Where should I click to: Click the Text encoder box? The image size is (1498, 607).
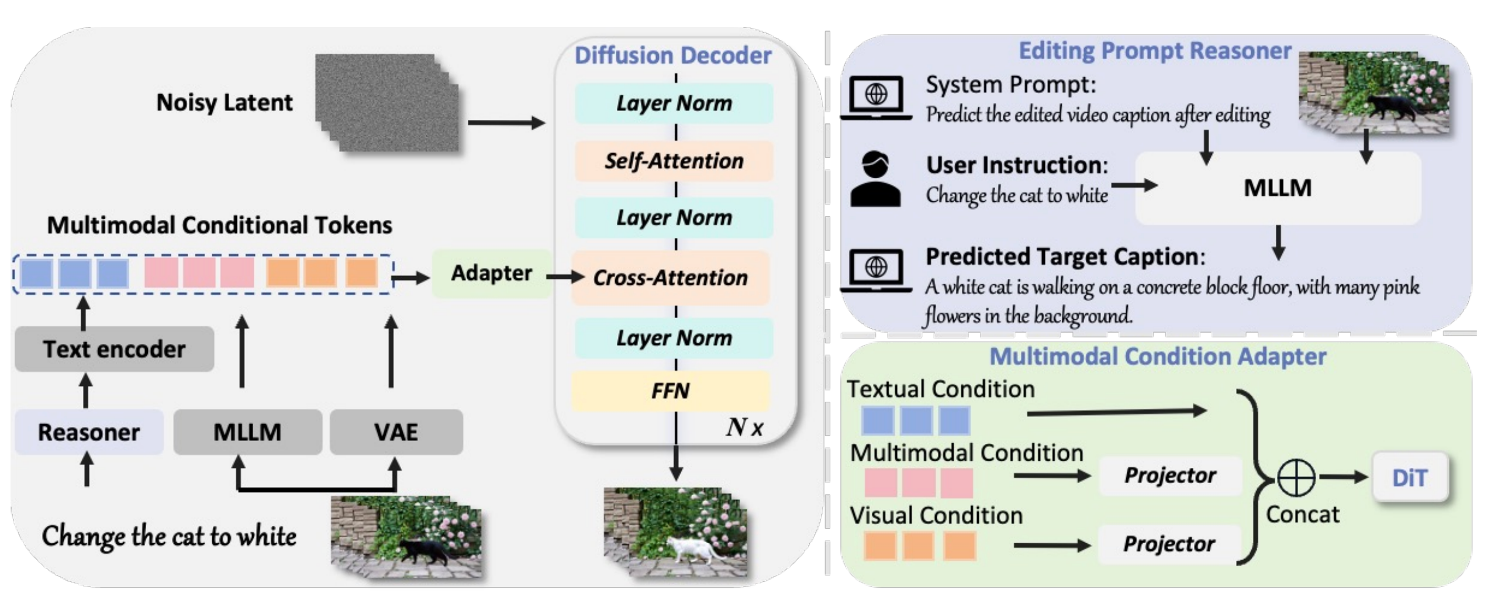[114, 349]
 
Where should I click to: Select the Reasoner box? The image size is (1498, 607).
[89, 432]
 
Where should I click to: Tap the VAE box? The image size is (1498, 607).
[396, 432]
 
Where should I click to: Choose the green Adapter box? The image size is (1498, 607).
[491, 273]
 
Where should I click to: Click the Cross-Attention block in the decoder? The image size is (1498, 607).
[670, 278]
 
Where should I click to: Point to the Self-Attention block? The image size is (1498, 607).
[674, 161]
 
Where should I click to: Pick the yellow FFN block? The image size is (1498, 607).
[670, 391]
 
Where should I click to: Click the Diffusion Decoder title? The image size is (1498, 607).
[672, 56]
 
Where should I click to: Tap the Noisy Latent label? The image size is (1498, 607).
[224, 103]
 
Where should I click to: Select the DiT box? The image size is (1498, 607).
[1409, 478]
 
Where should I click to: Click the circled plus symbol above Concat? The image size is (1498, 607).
[1296, 478]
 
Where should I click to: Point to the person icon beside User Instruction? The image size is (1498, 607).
[875, 179]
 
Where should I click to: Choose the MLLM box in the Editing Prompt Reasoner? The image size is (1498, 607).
[1278, 188]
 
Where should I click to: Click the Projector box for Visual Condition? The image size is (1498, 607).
[1169, 544]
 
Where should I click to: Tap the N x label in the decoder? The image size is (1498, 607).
[744, 427]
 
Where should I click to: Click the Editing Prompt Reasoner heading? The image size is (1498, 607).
[1155, 51]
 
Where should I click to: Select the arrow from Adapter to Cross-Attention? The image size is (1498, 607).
[565, 277]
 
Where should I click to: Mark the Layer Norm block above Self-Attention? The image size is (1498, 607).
[674, 104]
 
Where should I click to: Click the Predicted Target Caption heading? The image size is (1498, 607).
[1065, 257]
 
